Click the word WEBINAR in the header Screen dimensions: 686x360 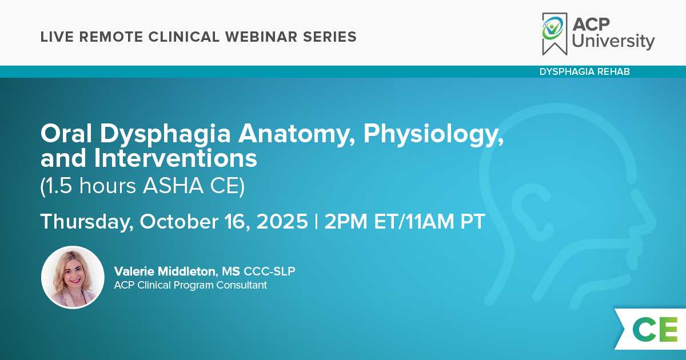[261, 37]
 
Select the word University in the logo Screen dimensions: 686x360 [613, 41]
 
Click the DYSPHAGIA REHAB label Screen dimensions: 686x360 [585, 71]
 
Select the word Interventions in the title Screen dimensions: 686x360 [176, 158]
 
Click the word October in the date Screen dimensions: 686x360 [179, 221]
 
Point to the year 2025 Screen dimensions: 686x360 [282, 221]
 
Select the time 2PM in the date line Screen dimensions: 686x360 [346, 221]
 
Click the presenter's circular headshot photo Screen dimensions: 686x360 [73, 277]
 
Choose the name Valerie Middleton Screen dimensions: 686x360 [165, 271]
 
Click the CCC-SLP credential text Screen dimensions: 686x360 [269, 271]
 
